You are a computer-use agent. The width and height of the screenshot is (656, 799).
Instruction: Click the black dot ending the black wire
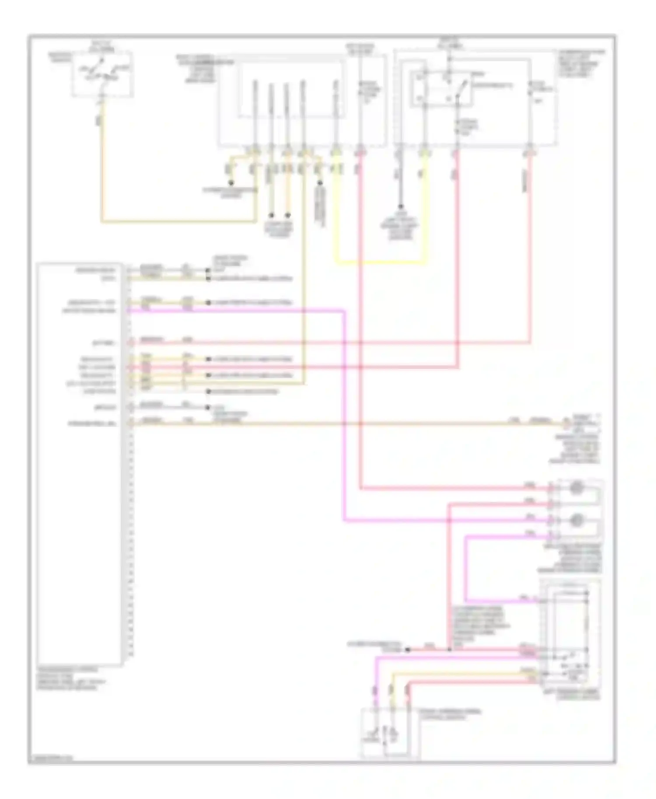400,207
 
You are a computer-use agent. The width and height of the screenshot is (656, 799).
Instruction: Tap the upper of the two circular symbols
576,487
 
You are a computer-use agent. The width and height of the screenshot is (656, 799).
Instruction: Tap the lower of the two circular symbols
576,520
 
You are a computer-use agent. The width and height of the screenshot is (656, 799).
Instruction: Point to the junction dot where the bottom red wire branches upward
449,650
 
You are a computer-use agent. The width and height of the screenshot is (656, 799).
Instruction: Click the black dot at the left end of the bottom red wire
408,650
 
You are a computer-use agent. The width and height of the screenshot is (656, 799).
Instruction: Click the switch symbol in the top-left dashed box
103,73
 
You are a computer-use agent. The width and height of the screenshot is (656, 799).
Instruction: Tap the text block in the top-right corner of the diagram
581,64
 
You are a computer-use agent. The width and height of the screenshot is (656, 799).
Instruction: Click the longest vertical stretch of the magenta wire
344,415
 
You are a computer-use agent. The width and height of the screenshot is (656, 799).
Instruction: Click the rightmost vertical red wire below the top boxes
530,249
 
